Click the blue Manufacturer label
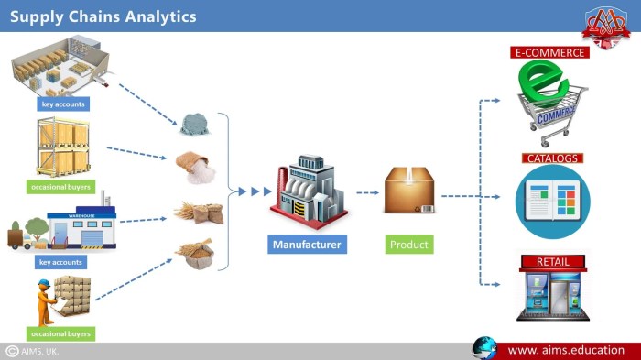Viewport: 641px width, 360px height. point(308,245)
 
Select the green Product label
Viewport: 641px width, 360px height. point(408,245)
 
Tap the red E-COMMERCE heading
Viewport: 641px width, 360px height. point(549,53)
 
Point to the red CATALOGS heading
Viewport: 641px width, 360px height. point(552,158)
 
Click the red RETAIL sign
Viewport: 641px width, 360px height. point(553,262)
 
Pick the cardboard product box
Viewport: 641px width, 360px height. point(408,191)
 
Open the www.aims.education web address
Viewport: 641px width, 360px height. point(566,349)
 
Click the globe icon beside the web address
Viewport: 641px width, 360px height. point(484,348)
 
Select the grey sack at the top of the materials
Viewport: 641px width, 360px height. point(194,125)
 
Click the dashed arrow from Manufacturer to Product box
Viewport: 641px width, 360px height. point(367,192)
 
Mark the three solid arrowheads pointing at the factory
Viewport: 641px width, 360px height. point(255,191)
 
